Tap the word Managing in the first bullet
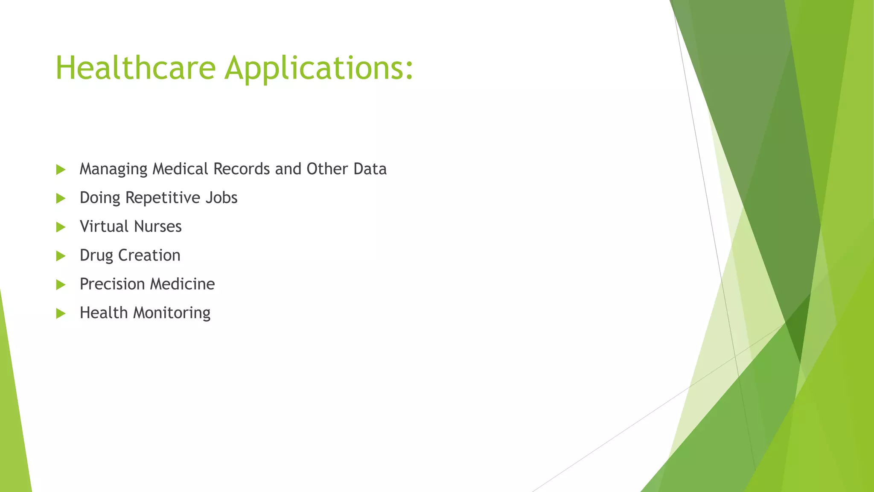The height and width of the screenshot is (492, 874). [x=114, y=170]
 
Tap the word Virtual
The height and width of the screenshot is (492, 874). [x=104, y=226]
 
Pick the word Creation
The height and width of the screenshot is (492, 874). [x=149, y=255]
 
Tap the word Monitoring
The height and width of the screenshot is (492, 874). [x=172, y=313]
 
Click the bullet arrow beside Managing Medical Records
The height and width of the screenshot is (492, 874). [x=61, y=170]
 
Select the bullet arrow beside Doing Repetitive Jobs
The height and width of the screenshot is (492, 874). [x=61, y=198]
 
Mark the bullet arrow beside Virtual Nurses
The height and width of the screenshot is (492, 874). [x=61, y=227]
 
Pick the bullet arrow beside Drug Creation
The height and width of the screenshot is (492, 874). [x=61, y=256]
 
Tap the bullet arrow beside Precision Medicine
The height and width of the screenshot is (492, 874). [x=61, y=284]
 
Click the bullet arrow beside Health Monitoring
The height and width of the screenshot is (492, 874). [x=61, y=313]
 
